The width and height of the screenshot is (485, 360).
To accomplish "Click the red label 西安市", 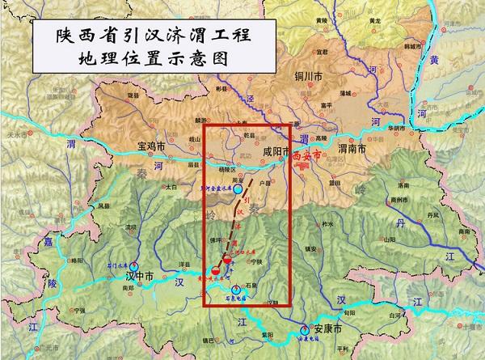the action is point(309,151).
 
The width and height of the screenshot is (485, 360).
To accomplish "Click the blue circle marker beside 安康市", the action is point(304,330).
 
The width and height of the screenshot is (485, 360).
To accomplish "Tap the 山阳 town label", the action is point(390,239).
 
